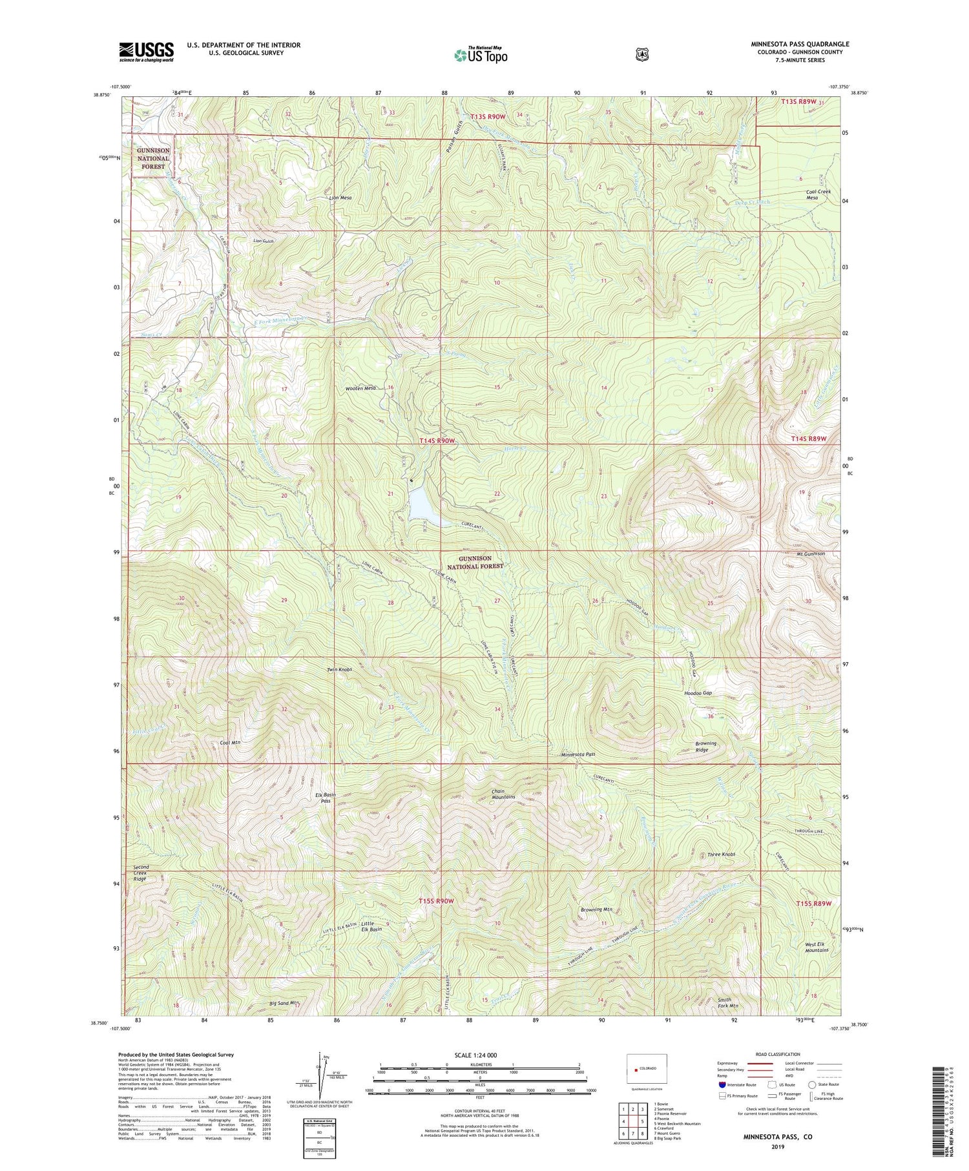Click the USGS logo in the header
[x=146, y=52]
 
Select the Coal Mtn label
[x=230, y=743]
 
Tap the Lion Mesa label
[x=340, y=198]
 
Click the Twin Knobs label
[x=340, y=670]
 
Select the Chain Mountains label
[x=503, y=794]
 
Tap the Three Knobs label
[x=721, y=854]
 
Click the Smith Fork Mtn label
[x=728, y=1002]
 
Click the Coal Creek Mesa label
[x=818, y=194]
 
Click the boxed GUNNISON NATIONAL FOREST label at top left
[x=154, y=158]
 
